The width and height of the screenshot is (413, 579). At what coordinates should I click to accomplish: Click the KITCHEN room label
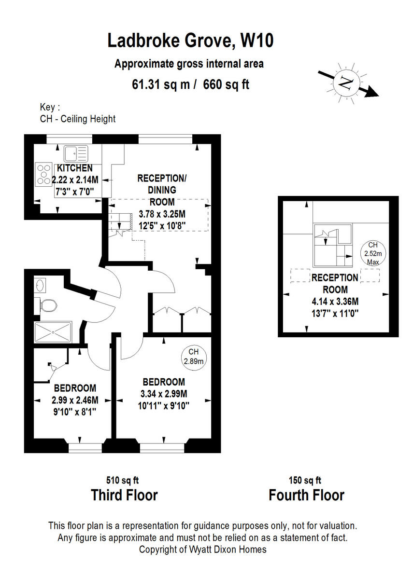(75, 168)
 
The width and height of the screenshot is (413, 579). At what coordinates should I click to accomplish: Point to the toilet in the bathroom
(47, 304)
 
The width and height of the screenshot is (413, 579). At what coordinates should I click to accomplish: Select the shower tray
(53, 331)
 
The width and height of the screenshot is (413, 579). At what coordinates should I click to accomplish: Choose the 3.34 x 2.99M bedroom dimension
(164, 393)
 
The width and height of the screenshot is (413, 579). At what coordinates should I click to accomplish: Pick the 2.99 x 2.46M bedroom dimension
(75, 400)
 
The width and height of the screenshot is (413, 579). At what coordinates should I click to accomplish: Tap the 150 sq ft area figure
(305, 480)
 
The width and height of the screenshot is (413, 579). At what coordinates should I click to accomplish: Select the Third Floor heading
(124, 495)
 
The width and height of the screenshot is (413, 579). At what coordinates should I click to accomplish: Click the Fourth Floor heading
(306, 495)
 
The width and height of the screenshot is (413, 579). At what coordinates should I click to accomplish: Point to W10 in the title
(257, 41)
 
